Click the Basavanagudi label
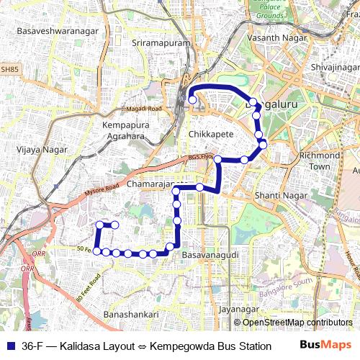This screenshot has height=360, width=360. coord(207,256)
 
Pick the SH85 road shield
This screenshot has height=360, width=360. coord(8,69)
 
